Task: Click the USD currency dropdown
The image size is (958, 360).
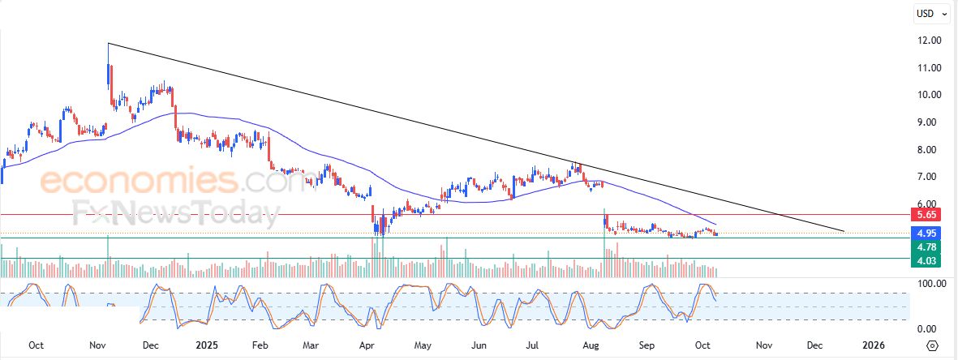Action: tap(930, 13)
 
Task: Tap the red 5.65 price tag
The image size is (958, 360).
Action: tap(926, 215)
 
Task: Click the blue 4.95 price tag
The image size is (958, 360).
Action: tap(926, 234)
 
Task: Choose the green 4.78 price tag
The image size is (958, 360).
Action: tap(926, 246)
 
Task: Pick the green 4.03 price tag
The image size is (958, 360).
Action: tap(926, 260)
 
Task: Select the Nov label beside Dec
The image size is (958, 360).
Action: tap(763, 345)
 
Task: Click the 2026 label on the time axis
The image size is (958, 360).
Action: tap(873, 345)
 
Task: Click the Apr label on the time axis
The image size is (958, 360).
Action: tap(367, 345)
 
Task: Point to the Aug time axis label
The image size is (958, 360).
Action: tap(591, 345)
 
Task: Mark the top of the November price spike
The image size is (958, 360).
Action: tap(108, 44)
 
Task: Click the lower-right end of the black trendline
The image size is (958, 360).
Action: tap(844, 231)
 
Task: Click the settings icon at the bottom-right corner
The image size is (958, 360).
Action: tap(932, 345)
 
